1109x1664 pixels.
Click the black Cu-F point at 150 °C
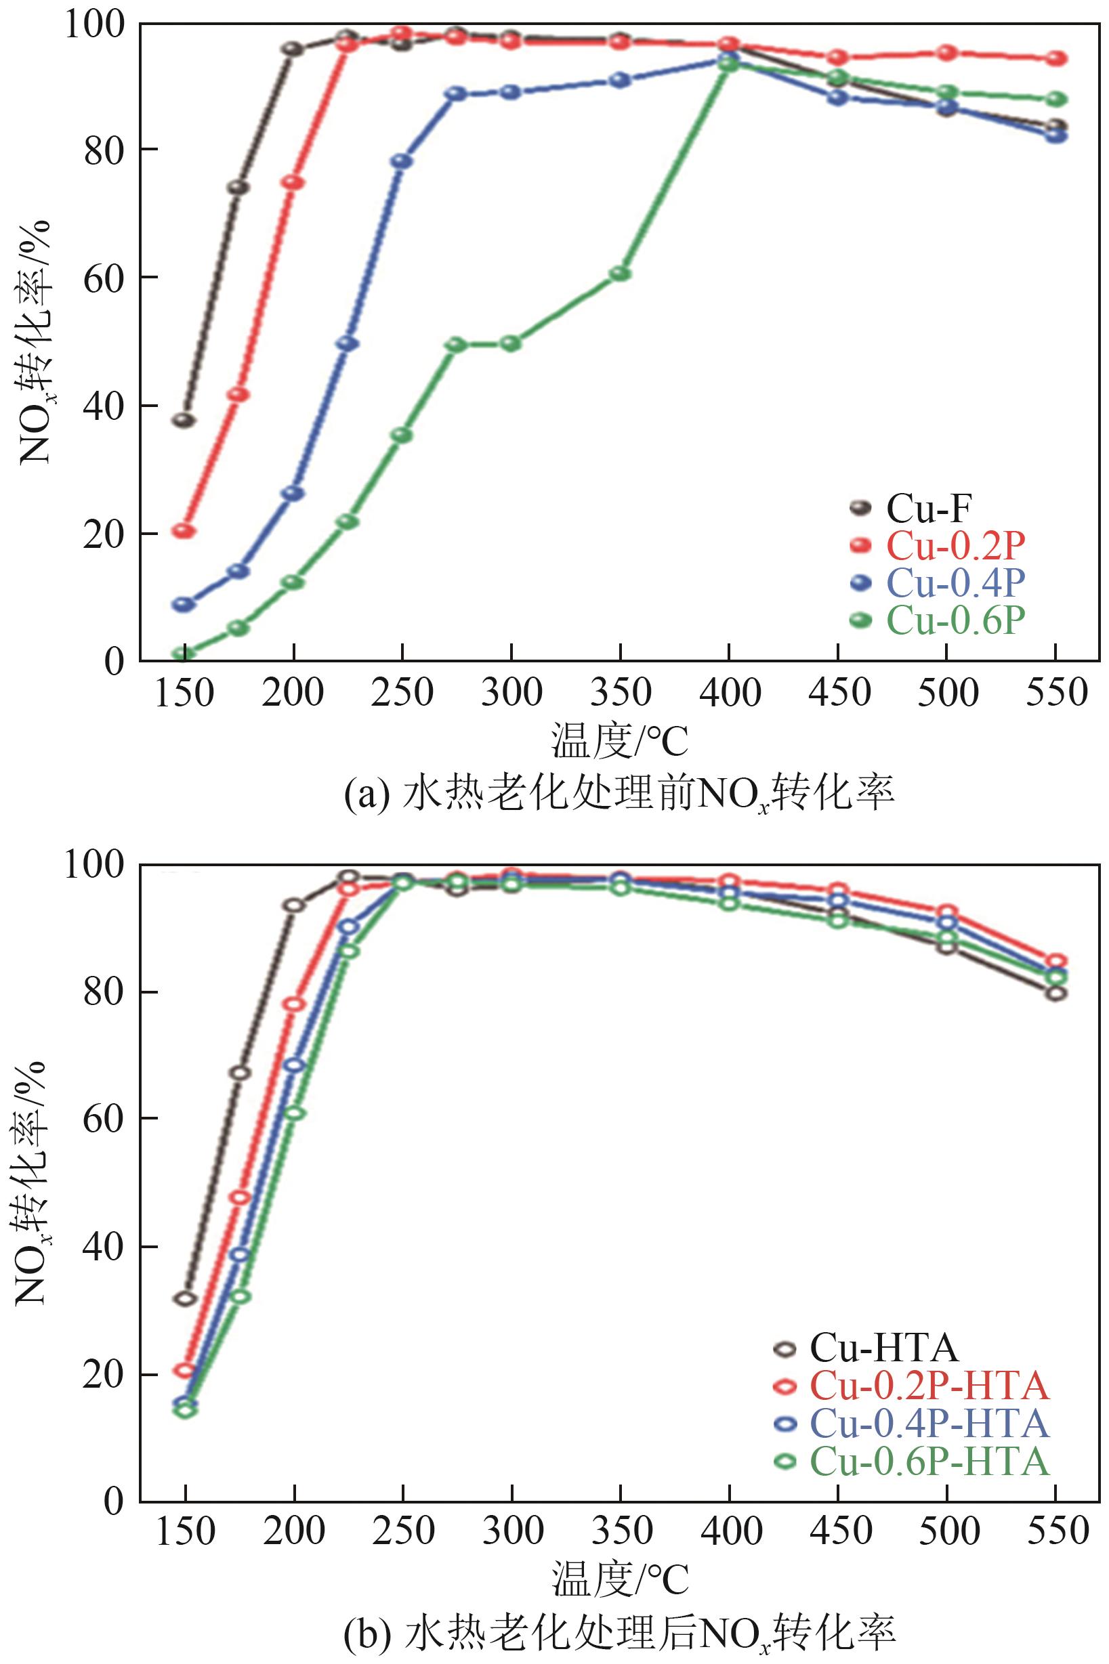[x=184, y=420]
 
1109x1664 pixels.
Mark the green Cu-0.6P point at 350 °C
[x=621, y=274]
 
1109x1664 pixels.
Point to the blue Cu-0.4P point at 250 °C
[x=402, y=161]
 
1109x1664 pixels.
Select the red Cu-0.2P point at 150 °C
[x=184, y=530]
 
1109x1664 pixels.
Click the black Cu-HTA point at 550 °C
[x=1056, y=992]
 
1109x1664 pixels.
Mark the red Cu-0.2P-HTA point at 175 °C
[x=240, y=1197]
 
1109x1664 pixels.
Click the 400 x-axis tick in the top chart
[x=730, y=693]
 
